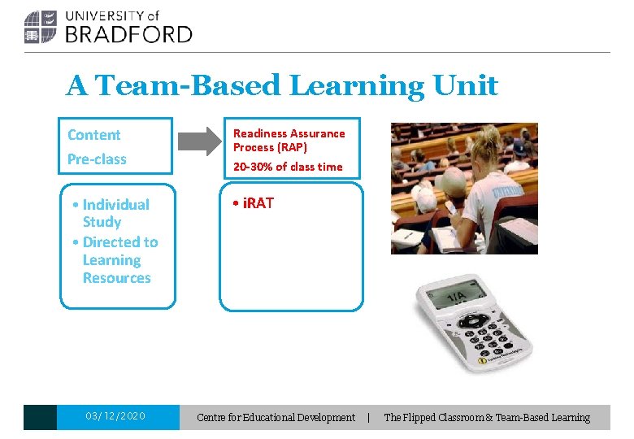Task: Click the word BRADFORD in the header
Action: pos(128,34)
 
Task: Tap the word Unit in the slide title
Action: pos(466,85)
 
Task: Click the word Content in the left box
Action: pos(93,135)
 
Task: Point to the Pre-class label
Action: pos(97,159)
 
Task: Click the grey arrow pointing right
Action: pos(199,141)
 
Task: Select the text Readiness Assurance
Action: pos(289,133)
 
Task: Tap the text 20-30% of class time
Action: pos(288,167)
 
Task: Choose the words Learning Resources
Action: pos(115,269)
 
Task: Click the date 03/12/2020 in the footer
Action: pos(115,416)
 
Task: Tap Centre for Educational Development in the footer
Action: pos(276,417)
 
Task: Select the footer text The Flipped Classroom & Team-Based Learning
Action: pos(487,417)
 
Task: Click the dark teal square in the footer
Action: pos(40,417)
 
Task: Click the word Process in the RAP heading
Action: pos(254,147)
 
